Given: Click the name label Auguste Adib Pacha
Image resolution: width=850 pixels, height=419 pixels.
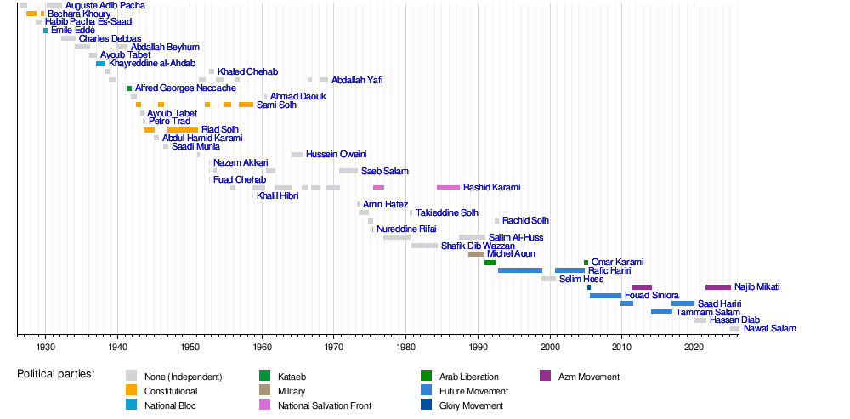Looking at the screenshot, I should click(105, 6).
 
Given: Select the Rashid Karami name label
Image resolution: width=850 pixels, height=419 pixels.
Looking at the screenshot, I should click(491, 188).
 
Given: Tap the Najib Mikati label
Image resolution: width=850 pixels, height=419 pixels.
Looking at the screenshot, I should click(756, 287).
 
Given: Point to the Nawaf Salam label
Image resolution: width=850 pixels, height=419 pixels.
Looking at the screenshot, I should click(769, 329).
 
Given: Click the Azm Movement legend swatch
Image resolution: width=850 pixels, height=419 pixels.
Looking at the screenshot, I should click(545, 376).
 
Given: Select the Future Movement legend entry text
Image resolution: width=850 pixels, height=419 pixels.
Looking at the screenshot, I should click(473, 391).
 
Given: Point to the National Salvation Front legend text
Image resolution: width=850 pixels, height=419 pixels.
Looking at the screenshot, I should click(324, 406).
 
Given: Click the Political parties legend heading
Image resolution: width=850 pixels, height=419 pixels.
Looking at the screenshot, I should click(55, 374).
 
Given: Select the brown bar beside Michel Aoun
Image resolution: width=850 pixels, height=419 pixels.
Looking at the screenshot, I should click(476, 254).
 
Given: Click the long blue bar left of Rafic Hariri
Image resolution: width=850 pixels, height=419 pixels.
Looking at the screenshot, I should click(520, 270).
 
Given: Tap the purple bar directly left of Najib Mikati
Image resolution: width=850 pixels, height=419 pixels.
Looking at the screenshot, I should click(717, 287).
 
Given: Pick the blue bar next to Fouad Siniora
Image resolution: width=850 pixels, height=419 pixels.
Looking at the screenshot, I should click(605, 296).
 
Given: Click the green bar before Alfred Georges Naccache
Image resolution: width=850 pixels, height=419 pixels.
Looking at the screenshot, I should click(129, 88).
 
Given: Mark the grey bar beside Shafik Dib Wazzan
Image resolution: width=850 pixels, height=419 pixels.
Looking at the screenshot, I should click(424, 246).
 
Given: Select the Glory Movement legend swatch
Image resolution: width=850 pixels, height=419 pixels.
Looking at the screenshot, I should click(426, 406).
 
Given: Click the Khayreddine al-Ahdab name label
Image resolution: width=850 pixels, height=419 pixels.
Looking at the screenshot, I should click(151, 64).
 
